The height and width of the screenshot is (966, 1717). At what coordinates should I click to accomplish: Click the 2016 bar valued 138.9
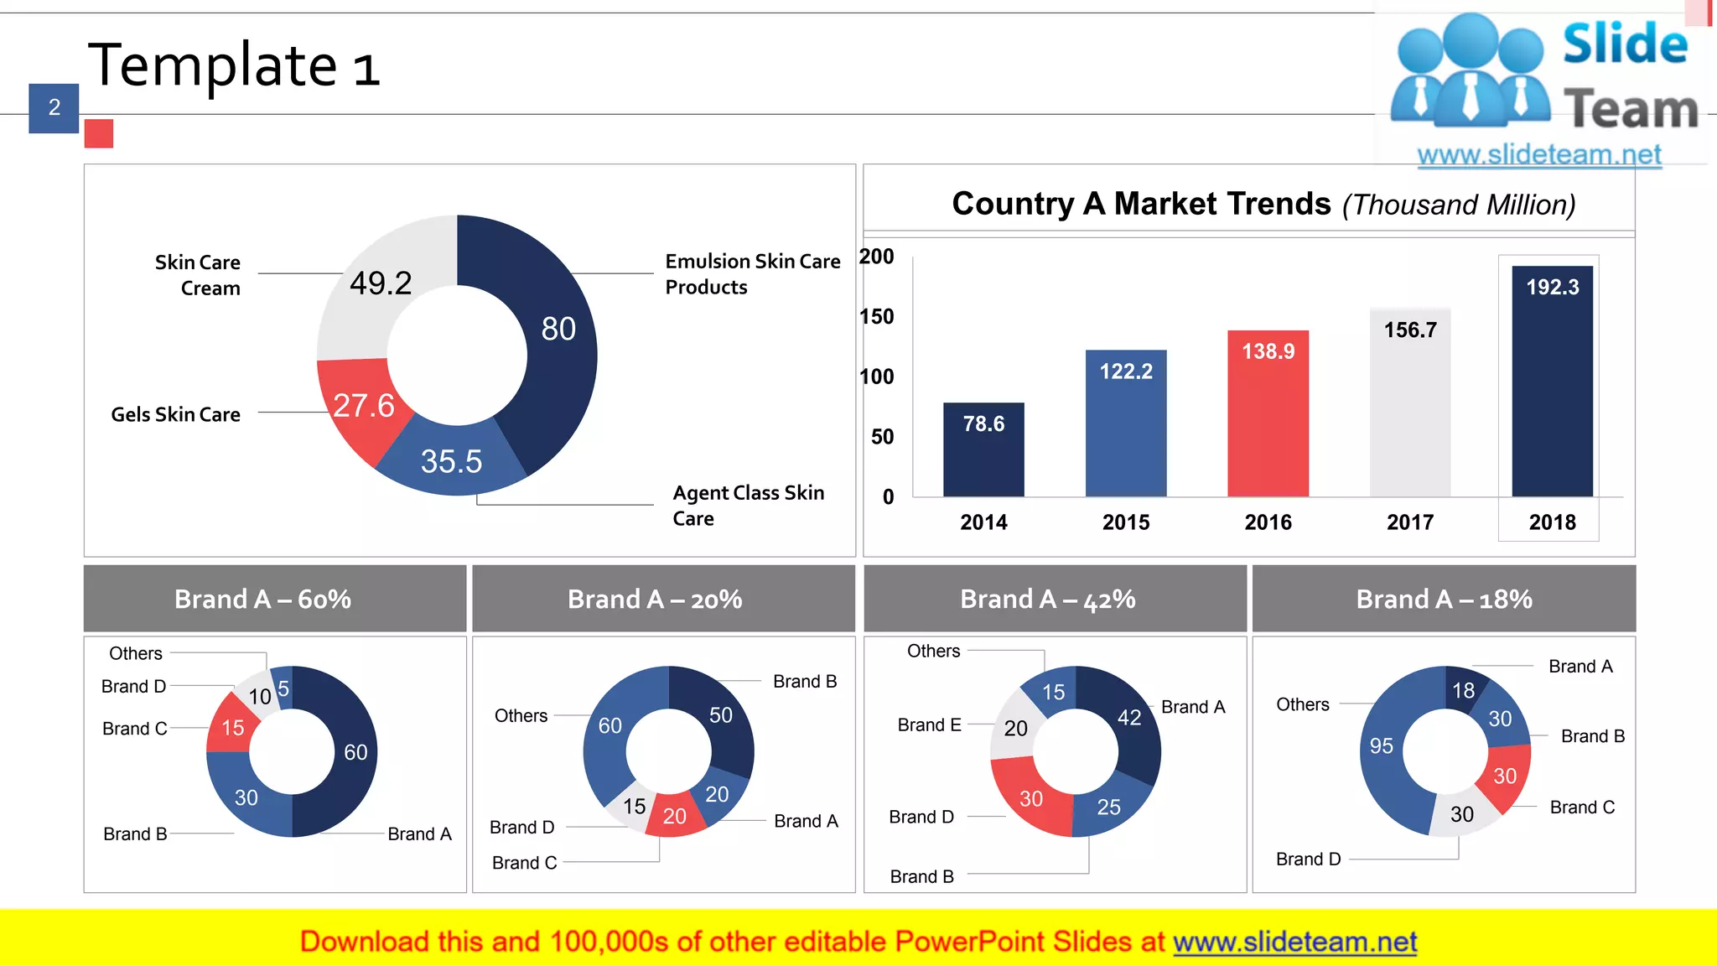(x=1268, y=419)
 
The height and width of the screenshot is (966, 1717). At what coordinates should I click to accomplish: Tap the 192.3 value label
(x=1552, y=288)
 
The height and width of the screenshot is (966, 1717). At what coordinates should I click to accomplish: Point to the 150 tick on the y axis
(x=877, y=317)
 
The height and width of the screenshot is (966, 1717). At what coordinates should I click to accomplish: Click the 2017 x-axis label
(x=1410, y=522)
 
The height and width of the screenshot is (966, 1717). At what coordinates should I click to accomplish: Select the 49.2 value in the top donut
(x=381, y=283)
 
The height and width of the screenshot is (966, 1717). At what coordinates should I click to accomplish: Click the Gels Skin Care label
(x=175, y=414)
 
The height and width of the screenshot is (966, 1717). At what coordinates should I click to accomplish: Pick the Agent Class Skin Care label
(x=748, y=505)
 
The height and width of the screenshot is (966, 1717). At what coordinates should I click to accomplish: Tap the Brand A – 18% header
(x=1444, y=599)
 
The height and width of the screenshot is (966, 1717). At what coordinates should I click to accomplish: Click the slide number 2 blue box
(x=54, y=108)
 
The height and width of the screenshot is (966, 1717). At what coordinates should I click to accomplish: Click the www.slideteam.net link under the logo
(x=1538, y=154)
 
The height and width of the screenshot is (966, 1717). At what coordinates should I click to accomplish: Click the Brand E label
(x=929, y=724)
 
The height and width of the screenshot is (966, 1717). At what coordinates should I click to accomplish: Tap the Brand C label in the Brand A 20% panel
(x=524, y=862)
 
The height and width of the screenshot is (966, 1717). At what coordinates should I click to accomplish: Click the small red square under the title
(x=99, y=134)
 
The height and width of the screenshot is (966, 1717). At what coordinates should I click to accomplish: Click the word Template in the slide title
(x=213, y=65)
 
